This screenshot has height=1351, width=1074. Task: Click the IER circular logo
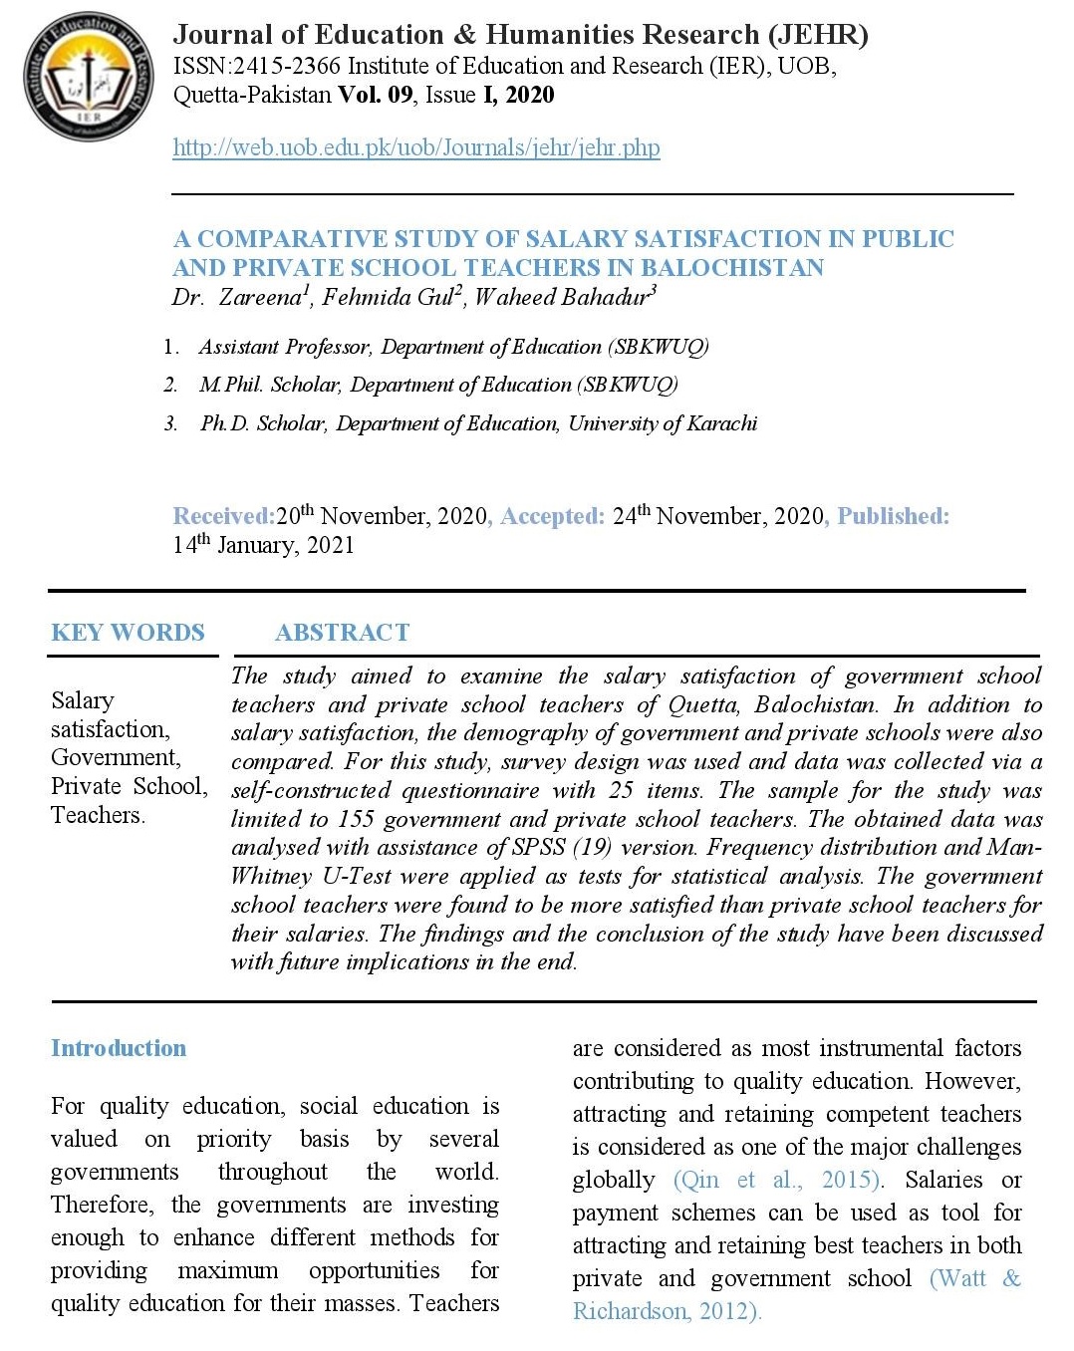(x=89, y=78)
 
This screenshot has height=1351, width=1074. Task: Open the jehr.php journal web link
(x=415, y=147)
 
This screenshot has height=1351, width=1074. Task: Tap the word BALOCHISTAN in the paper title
(x=732, y=268)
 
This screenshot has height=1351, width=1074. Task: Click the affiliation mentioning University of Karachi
(x=478, y=423)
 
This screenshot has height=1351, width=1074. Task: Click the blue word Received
(x=223, y=516)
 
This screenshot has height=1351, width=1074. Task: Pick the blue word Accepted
(x=552, y=516)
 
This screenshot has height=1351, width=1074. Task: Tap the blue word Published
(x=893, y=516)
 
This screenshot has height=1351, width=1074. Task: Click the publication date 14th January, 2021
(x=263, y=545)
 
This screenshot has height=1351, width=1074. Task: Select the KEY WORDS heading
(x=128, y=633)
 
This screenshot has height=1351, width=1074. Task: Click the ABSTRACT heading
(x=342, y=633)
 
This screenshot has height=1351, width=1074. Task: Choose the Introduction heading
(x=119, y=1048)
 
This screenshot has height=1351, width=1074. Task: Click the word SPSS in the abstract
(x=539, y=848)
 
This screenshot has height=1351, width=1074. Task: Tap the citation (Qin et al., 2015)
(x=778, y=1180)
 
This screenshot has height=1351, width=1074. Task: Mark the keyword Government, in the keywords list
(x=116, y=757)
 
